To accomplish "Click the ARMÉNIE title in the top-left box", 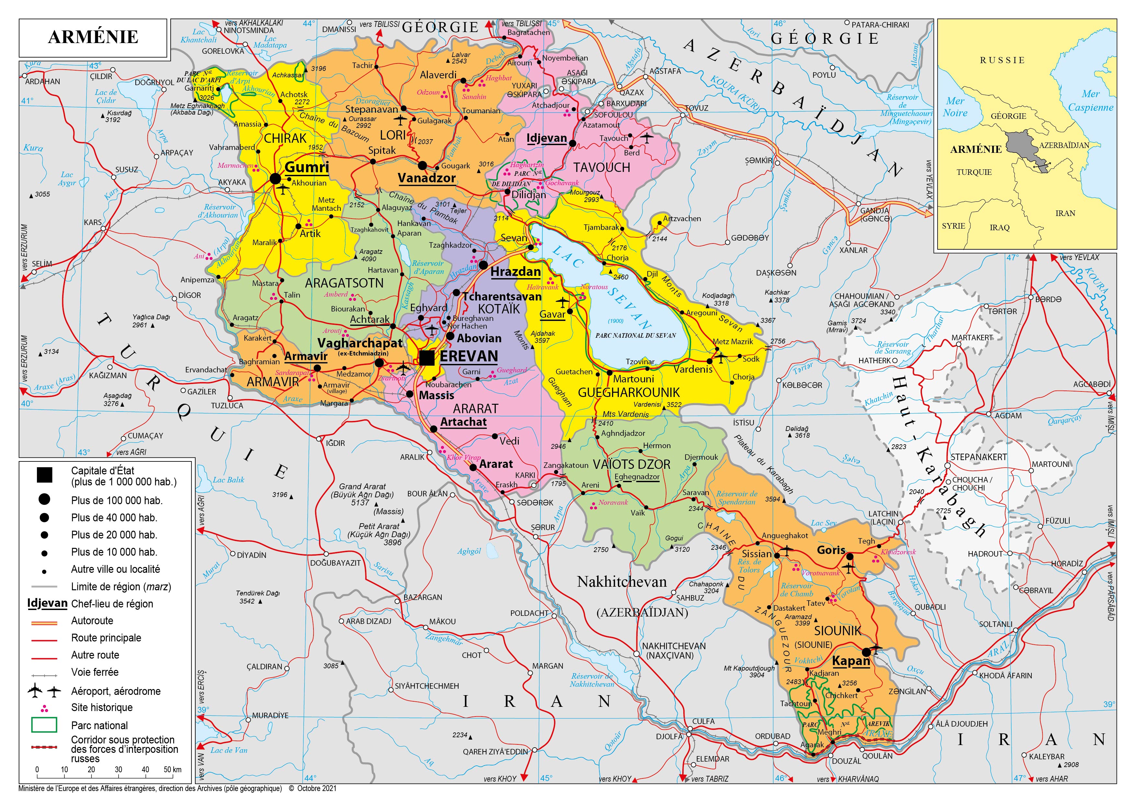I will [x=93, y=37].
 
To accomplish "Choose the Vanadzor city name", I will [x=426, y=178].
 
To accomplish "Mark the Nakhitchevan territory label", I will [x=621, y=582].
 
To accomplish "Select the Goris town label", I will [x=831, y=550].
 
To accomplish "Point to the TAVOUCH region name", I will [x=602, y=168].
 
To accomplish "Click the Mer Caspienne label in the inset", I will [x=1090, y=100].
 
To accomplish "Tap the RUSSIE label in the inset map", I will [x=1002, y=60].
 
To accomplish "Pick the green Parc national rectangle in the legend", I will [x=44, y=725].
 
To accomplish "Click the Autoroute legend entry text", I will [x=92, y=620].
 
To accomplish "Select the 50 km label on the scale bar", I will [x=173, y=769].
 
